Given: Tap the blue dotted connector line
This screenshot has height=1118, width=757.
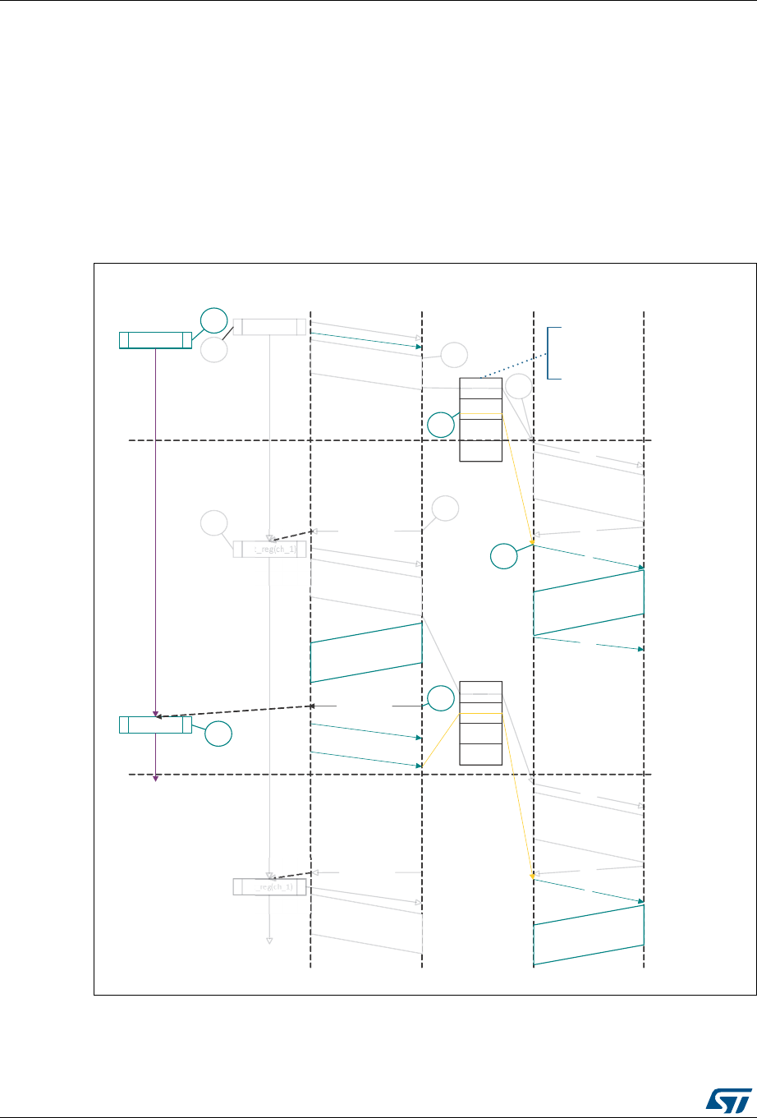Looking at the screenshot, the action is (x=513, y=366).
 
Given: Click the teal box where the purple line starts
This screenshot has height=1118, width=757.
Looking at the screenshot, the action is (x=155, y=340).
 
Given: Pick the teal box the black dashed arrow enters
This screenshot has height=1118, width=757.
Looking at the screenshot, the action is (x=155, y=725).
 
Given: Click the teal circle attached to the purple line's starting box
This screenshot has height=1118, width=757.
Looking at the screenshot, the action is (x=213, y=320).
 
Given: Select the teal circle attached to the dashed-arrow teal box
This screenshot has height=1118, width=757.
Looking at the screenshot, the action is (x=218, y=734).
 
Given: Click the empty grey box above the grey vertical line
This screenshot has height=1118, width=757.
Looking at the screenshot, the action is (x=269, y=327).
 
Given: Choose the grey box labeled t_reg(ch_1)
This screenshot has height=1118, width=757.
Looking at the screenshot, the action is (x=269, y=549).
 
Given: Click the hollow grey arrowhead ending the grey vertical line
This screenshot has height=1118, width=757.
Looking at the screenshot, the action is (x=269, y=941).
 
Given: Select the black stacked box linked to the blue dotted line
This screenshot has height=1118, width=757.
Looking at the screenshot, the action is (x=480, y=420).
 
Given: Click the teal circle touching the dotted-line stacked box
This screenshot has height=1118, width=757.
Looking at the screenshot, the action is (x=441, y=424).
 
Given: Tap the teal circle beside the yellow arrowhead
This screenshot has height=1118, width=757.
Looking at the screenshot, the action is (x=504, y=557).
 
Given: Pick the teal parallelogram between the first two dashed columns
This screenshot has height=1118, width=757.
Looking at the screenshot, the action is (x=366, y=652).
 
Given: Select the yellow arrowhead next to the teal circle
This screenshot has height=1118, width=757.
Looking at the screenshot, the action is (x=533, y=542).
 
